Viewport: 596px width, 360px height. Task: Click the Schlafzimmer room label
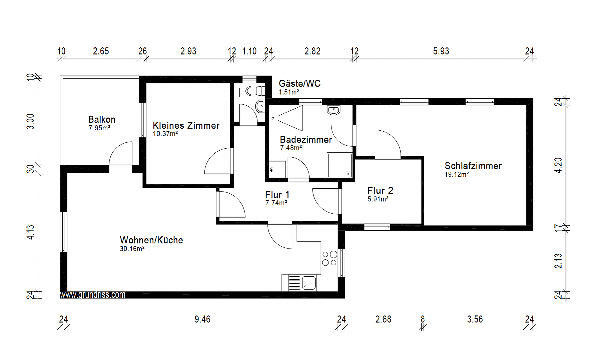[x=473, y=166]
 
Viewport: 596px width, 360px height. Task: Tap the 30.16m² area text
[x=132, y=249]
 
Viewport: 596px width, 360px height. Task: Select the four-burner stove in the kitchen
[x=330, y=259]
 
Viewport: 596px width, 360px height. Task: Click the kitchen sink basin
[x=309, y=283]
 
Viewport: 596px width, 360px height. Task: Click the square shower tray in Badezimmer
[x=340, y=165]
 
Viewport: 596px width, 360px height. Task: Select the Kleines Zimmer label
[x=186, y=125]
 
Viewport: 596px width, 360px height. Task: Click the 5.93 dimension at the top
[x=441, y=51]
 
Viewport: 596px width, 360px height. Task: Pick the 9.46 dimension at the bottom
[x=202, y=319]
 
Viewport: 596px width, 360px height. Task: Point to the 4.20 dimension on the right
[x=558, y=165]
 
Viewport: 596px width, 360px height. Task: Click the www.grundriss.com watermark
[x=93, y=295]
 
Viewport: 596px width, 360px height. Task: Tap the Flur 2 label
[x=380, y=190]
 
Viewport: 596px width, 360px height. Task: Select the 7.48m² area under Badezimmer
[x=291, y=148]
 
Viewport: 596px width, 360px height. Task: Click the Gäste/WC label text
[x=300, y=83]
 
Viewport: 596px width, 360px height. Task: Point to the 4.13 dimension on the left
[x=30, y=232]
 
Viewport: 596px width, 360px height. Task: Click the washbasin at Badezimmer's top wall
[x=334, y=110]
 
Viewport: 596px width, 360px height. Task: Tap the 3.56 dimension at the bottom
[x=475, y=319]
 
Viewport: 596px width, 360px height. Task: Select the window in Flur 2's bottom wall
[x=377, y=227]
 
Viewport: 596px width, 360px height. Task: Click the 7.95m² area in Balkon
[x=99, y=128]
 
